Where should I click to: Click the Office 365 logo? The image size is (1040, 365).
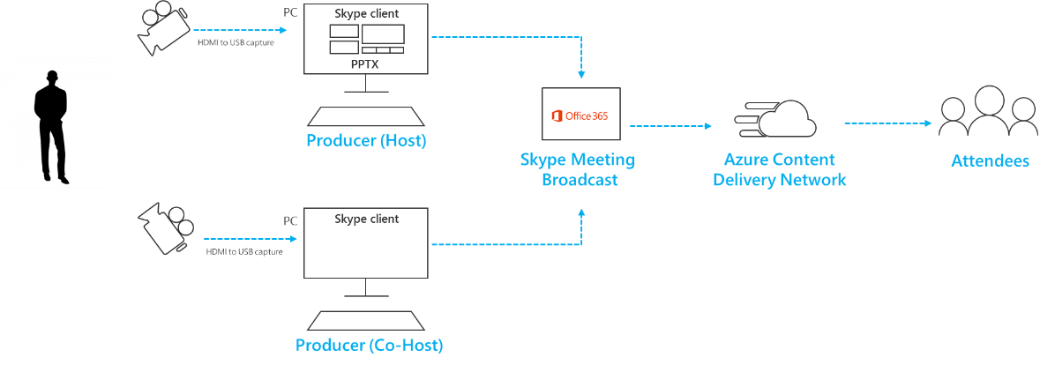(580, 115)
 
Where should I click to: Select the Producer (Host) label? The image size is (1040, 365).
(366, 141)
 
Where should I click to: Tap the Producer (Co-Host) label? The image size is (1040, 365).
(369, 345)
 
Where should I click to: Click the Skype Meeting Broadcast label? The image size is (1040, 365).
(577, 170)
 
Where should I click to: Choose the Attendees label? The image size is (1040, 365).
(990, 161)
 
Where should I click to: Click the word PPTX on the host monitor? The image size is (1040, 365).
(366, 64)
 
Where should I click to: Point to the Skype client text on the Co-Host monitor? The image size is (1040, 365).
(366, 219)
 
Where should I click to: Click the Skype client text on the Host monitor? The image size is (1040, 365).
(366, 15)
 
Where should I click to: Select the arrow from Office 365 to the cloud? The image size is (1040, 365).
(671, 126)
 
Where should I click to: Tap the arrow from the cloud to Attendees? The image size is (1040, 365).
(887, 123)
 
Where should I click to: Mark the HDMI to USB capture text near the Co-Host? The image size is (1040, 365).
(244, 251)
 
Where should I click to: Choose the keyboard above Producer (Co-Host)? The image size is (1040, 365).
(366, 322)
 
